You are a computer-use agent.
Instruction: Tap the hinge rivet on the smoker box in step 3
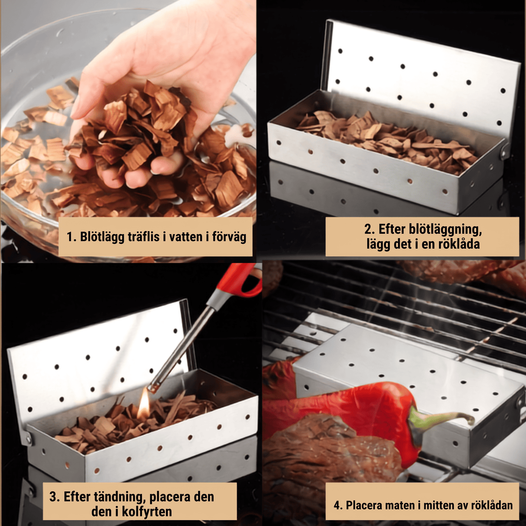pyautogui.click(x=29, y=438)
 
